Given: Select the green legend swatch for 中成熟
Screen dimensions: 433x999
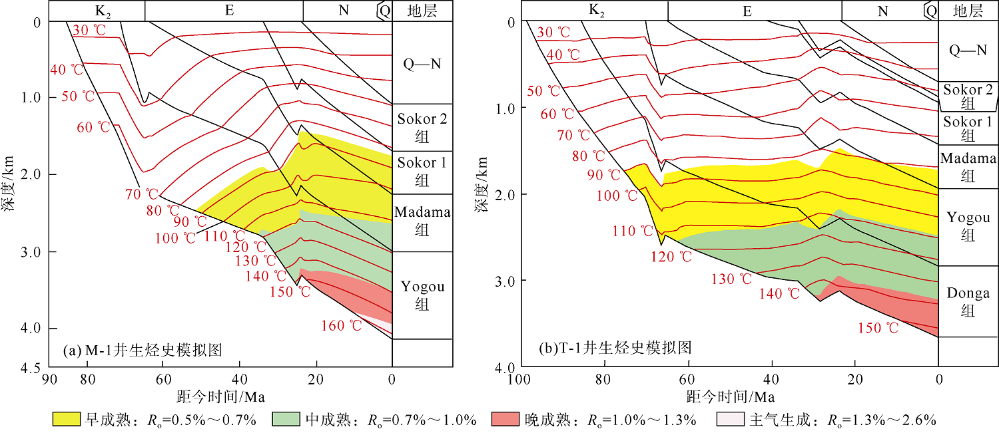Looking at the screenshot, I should (x=288, y=420).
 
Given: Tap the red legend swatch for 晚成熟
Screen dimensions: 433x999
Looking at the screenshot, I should (x=506, y=420).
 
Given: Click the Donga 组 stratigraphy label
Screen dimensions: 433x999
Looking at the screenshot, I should (x=968, y=301).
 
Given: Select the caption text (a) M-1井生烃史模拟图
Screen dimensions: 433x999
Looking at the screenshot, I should (x=142, y=349).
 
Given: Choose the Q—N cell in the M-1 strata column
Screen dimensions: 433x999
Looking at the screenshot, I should (x=422, y=64).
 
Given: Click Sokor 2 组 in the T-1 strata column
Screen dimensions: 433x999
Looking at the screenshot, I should (x=968, y=96).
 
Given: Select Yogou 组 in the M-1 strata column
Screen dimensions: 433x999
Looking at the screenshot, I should (x=422, y=295).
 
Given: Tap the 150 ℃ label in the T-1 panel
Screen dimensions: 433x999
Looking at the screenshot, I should (x=878, y=327).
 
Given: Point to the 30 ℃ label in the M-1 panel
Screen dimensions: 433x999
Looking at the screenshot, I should (x=90, y=30).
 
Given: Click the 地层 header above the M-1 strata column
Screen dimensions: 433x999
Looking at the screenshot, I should (x=422, y=11).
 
